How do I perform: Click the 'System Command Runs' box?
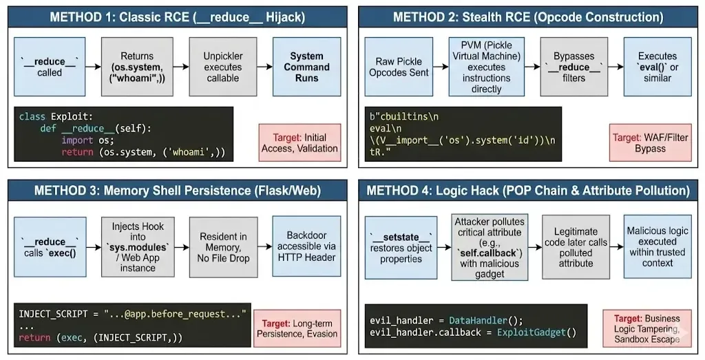pyautogui.click(x=306, y=67)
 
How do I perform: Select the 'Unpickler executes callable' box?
pyautogui.click(x=222, y=67)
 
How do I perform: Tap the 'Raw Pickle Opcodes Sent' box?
pyautogui.click(x=399, y=67)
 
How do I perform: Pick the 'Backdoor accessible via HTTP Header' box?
pyautogui.click(x=306, y=246)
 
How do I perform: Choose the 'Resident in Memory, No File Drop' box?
pyautogui.click(x=223, y=246)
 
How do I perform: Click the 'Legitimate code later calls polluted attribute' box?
pyautogui.click(x=576, y=246)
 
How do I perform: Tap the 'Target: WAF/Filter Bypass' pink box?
pyautogui.click(x=646, y=142)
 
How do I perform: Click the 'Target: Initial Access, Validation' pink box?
pyautogui.click(x=299, y=142)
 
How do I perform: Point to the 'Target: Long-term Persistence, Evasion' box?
pyautogui.click(x=297, y=328)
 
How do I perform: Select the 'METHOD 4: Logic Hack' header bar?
pyautogui.click(x=528, y=190)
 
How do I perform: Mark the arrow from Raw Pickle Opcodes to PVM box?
pyautogui.click(x=441, y=67)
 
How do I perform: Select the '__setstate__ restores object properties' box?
pyautogui.click(x=401, y=247)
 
